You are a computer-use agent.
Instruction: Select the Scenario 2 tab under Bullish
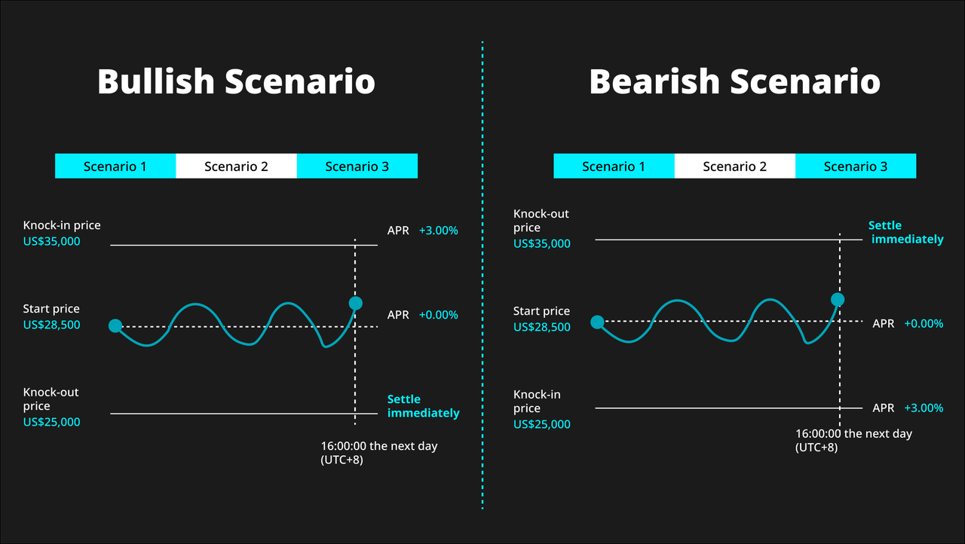(x=236, y=166)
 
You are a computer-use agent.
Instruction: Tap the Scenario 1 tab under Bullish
(x=115, y=166)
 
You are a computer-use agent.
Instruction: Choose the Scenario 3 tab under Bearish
(x=856, y=166)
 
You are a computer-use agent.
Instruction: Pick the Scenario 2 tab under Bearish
(x=735, y=166)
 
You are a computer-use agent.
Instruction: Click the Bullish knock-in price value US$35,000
(x=52, y=241)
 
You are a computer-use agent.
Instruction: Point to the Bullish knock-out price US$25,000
(x=52, y=422)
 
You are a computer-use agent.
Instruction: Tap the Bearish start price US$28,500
(x=542, y=327)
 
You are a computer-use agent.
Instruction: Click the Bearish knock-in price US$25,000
(x=542, y=424)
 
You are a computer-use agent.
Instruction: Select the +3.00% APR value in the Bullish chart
(x=439, y=231)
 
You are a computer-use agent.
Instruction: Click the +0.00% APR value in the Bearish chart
(x=924, y=324)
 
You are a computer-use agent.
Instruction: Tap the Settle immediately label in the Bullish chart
(x=423, y=406)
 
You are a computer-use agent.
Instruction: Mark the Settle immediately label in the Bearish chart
(x=905, y=232)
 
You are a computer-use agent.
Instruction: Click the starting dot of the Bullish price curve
(x=115, y=325)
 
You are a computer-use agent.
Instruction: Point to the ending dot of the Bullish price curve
(x=355, y=304)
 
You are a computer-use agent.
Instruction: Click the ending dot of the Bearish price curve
(x=838, y=300)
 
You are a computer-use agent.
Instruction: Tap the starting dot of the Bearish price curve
(x=597, y=322)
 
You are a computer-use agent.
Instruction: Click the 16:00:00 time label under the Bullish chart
(x=379, y=453)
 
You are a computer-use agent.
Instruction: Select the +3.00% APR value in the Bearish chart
(x=924, y=408)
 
